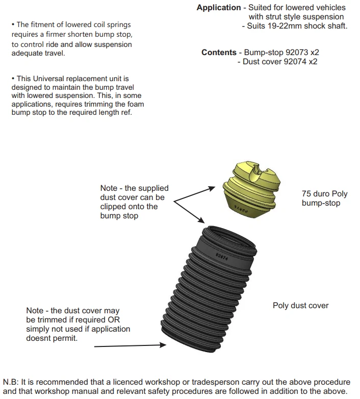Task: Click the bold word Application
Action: click(218, 8)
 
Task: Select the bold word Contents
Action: click(219, 53)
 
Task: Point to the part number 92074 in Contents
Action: click(294, 62)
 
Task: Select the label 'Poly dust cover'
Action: click(301, 306)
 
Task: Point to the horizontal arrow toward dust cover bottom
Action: click(131, 346)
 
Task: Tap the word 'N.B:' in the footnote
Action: click(12, 382)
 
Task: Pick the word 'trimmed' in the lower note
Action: click(54, 320)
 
